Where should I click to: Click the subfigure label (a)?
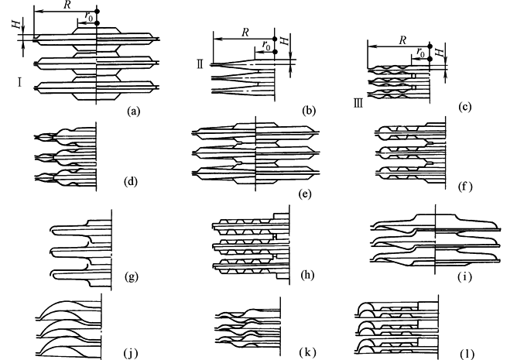[132, 111]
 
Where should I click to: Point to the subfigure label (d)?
[131, 183]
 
